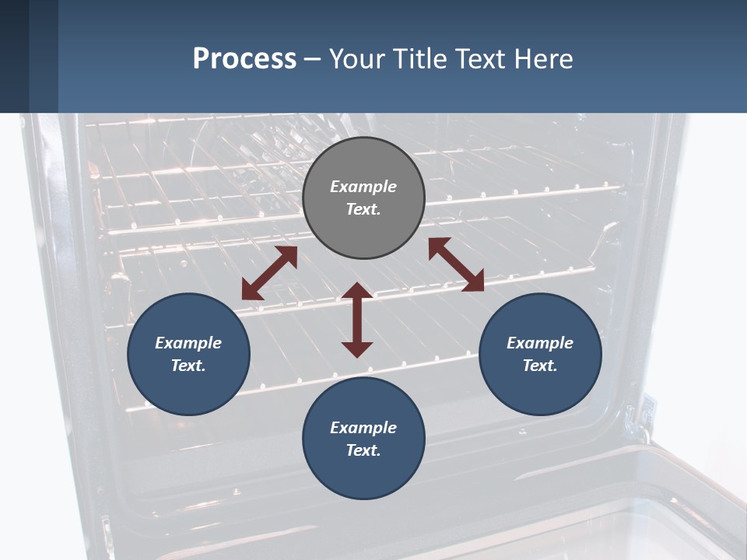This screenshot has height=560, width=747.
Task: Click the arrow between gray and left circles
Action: click(x=269, y=273)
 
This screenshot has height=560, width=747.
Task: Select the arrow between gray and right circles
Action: click(x=456, y=264)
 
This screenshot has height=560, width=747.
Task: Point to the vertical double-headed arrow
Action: click(x=357, y=320)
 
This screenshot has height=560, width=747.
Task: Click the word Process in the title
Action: click(x=244, y=58)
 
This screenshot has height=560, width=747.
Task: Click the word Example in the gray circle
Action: click(x=363, y=187)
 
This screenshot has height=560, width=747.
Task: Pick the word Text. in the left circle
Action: click(x=188, y=366)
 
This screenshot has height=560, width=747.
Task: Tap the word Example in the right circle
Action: click(x=540, y=343)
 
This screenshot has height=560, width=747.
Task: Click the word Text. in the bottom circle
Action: click(x=363, y=450)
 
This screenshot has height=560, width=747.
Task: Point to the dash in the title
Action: click(x=313, y=59)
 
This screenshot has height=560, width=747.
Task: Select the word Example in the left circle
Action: click(x=188, y=343)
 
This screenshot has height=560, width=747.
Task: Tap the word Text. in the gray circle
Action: click(x=363, y=209)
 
